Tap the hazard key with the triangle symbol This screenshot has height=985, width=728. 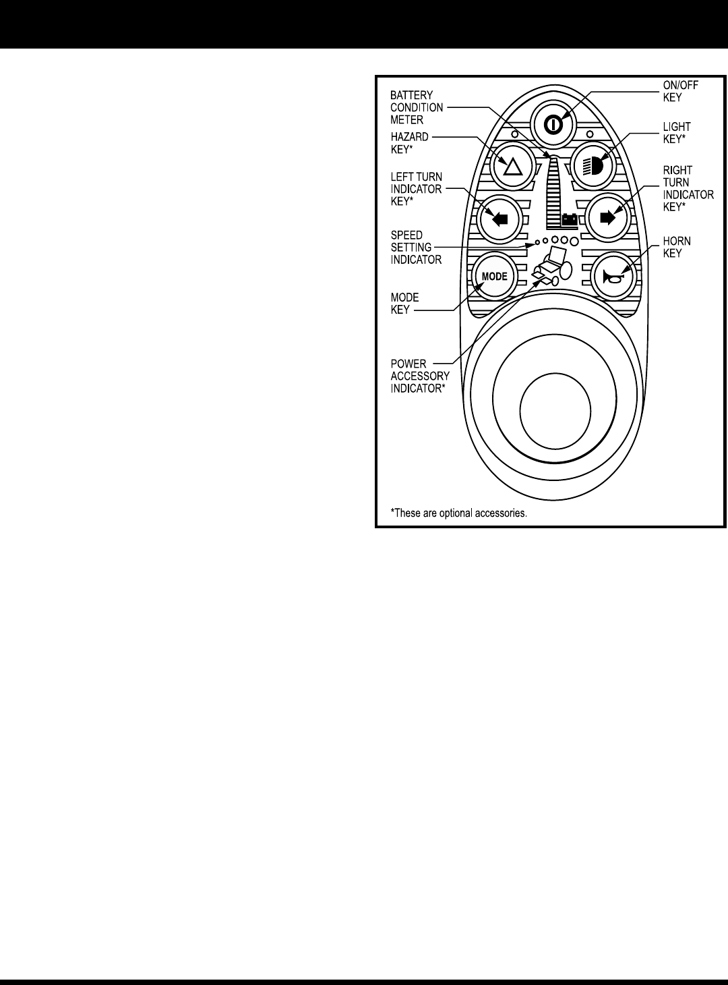pyautogui.click(x=513, y=165)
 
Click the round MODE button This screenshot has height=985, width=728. pyautogui.click(x=493, y=276)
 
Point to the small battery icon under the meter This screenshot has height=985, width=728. pyautogui.click(x=570, y=219)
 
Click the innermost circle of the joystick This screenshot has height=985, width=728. pyautogui.click(x=556, y=412)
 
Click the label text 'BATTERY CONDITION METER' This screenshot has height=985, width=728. pyautogui.click(x=417, y=107)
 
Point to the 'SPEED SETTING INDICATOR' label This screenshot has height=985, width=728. pyautogui.click(x=415, y=248)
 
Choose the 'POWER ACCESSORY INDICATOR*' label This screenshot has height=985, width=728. pyautogui.click(x=419, y=376)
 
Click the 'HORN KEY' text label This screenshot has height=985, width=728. pyautogui.click(x=677, y=247)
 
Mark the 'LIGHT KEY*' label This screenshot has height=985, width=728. pyautogui.click(x=677, y=132)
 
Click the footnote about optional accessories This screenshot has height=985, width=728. pyautogui.click(x=458, y=513)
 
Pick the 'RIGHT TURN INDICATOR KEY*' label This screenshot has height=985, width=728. pyautogui.click(x=688, y=189)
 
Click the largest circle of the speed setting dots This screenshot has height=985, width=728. pyautogui.click(x=574, y=241)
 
